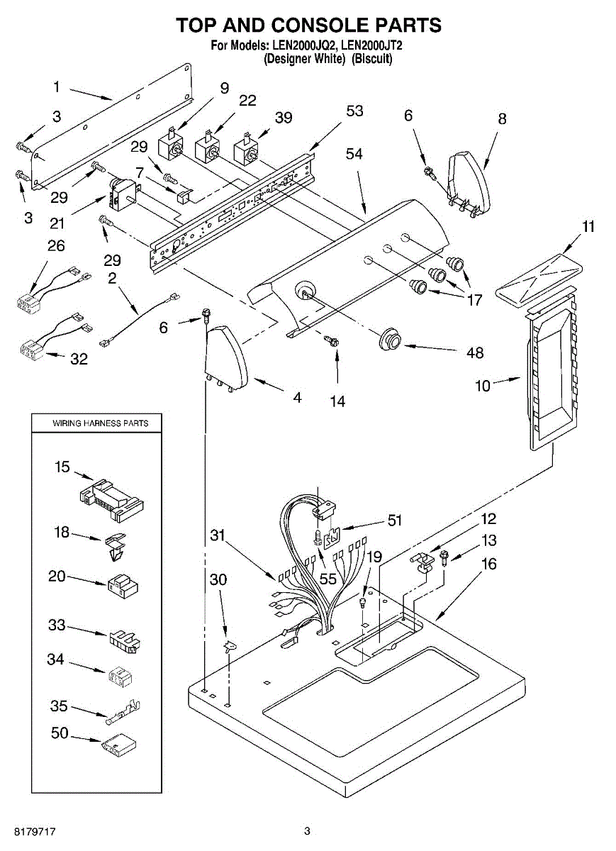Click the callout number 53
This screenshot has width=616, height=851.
pyautogui.click(x=354, y=111)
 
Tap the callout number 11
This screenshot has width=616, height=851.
pyautogui.click(x=588, y=227)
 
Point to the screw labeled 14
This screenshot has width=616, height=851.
pyautogui.click(x=331, y=342)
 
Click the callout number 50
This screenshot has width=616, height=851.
pyautogui.click(x=60, y=733)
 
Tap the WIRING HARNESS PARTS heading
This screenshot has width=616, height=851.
pyautogui.click(x=101, y=423)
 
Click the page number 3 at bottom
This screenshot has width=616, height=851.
pyautogui.click(x=307, y=830)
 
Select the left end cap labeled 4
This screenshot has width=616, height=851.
pyautogui.click(x=225, y=358)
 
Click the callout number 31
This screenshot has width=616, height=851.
pyautogui.click(x=219, y=535)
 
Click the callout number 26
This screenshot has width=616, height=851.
pyautogui.click(x=56, y=246)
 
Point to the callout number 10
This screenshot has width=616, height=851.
pyautogui.click(x=482, y=386)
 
